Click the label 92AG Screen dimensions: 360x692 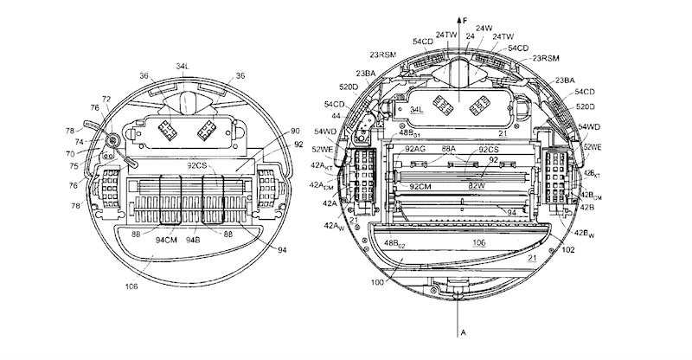tap(416, 149)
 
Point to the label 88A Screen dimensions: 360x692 tap(449, 149)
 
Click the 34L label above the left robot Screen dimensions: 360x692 tap(183, 66)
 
